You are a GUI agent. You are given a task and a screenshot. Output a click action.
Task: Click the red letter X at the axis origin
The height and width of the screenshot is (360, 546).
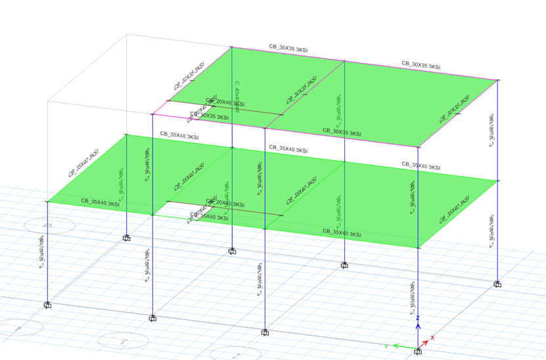pos(432,338)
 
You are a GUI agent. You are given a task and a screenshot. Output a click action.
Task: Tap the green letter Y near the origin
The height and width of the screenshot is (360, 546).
pos(387,344)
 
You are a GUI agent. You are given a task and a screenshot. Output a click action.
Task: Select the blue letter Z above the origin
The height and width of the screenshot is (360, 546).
pos(418,318)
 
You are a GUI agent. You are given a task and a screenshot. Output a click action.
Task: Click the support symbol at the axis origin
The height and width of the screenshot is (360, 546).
pos(419,353)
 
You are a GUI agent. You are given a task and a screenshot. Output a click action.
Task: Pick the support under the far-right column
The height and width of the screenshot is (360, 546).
pos(498,284)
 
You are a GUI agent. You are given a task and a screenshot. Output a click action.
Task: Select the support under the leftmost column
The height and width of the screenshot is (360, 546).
pos(47,305)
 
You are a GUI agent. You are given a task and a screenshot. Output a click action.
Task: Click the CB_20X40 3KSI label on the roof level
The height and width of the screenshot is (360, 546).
pos(225,103)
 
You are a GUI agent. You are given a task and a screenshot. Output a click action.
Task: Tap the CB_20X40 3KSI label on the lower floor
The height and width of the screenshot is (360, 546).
pos(225,204)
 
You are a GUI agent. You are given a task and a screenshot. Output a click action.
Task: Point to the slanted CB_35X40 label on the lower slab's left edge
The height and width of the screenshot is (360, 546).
pos(86,163)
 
